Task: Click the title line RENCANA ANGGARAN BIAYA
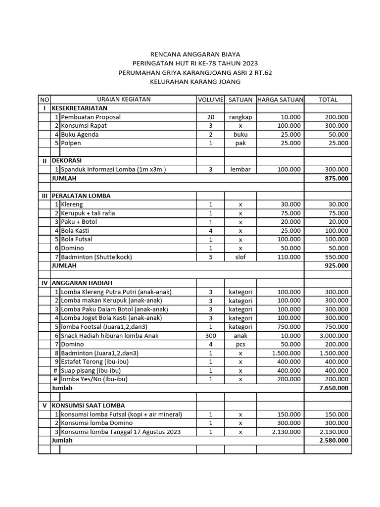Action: [x=190, y=54]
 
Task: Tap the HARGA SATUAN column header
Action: [x=280, y=100]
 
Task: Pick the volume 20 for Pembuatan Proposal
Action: [x=211, y=117]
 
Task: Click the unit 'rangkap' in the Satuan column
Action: [x=240, y=117]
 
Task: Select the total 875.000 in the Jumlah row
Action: [x=335, y=178]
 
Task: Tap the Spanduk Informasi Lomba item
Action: [x=113, y=169]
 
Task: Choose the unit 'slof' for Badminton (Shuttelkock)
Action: [x=240, y=257]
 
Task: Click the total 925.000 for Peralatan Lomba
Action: [x=335, y=265]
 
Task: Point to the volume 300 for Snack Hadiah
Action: [x=211, y=336]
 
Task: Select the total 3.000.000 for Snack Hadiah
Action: [x=332, y=336]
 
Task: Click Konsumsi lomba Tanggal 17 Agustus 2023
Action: [x=121, y=432]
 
